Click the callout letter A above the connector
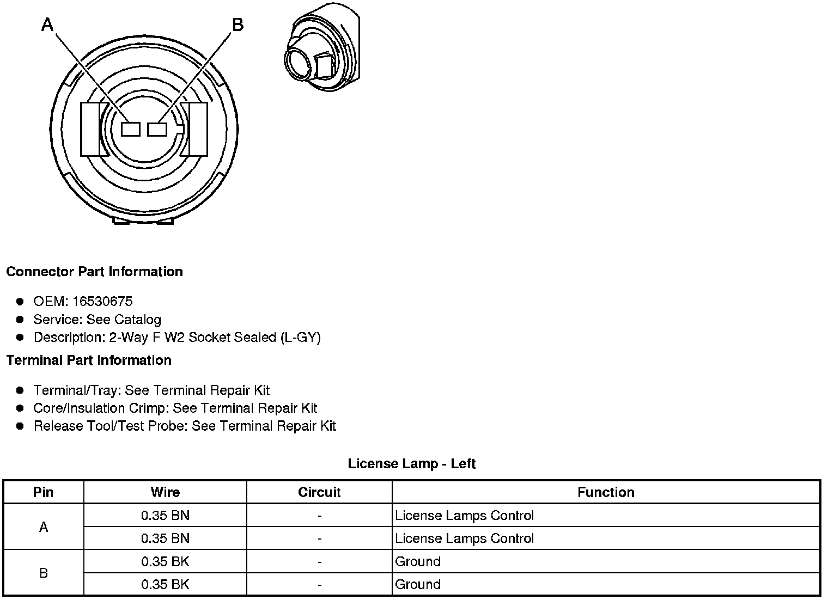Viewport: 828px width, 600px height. (x=48, y=25)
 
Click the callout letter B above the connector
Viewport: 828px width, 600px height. (x=238, y=25)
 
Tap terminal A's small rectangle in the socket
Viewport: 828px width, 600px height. (x=131, y=130)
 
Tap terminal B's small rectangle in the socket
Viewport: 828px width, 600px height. (x=157, y=130)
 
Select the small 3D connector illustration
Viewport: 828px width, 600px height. (x=322, y=47)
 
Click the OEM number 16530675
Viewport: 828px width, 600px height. (x=102, y=302)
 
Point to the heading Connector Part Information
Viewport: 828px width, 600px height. (x=95, y=272)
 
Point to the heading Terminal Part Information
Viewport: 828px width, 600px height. (x=89, y=360)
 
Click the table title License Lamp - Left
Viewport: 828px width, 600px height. (x=412, y=464)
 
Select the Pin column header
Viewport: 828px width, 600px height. (x=43, y=492)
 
